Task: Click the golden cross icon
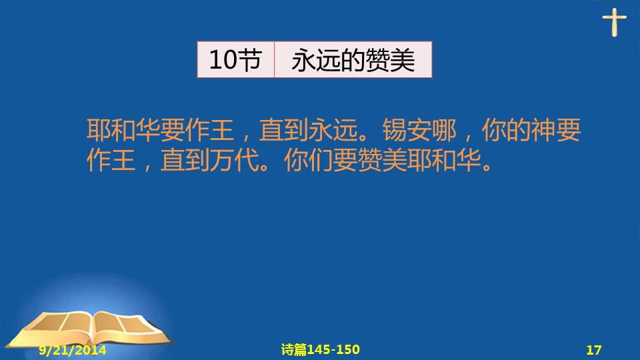[x=614, y=23]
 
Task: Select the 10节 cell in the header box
[x=236, y=59]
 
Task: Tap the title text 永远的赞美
[x=353, y=60]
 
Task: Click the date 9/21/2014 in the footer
[x=73, y=350]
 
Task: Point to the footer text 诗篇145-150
[x=321, y=349]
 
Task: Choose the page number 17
[x=593, y=350]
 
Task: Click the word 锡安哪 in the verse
[x=419, y=130]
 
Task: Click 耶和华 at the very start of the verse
[x=123, y=130]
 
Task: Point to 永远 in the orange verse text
[x=333, y=130]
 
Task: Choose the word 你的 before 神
[x=506, y=130]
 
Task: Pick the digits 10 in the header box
[x=223, y=60]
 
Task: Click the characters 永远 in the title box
[x=316, y=60]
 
